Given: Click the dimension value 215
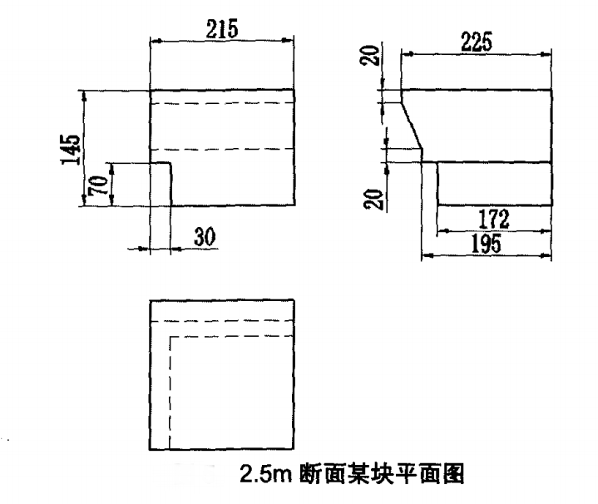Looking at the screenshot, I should click(222, 27).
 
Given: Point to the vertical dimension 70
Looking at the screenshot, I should click(99, 184).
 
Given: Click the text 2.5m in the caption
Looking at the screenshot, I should click(262, 477).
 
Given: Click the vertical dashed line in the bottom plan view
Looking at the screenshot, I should click(170, 391).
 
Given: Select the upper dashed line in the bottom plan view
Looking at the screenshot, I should click(222, 320).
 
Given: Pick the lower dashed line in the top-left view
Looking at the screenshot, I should click(222, 150).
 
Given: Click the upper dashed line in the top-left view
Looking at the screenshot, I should click(222, 104).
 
